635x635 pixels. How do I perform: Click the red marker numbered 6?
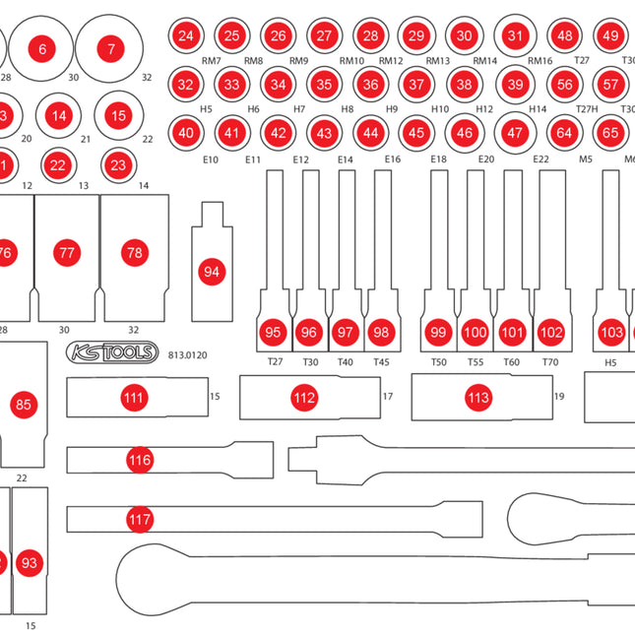41,48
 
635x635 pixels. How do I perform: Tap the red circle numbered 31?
515,35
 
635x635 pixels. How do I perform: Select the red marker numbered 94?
212,271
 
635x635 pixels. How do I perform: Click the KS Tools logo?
111,353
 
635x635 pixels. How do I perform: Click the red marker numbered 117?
140,519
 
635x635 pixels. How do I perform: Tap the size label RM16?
540,60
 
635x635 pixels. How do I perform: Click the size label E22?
540,159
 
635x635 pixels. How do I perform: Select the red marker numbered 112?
305,398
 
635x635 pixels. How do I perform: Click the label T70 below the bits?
550,362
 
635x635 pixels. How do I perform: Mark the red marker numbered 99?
438,333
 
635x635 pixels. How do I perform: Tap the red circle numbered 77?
66,253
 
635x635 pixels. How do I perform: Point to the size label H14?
538,108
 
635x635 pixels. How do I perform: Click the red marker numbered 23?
118,164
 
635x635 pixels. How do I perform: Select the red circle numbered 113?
478,398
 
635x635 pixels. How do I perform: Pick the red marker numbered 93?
30,563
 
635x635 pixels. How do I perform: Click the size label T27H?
587,108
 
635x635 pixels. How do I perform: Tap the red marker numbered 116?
140,460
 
